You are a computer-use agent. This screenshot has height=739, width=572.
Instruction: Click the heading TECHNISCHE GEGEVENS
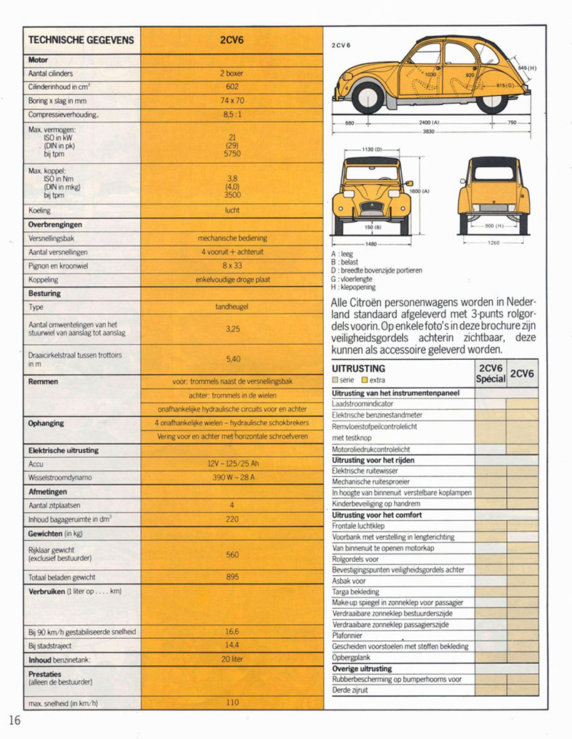click(x=81, y=40)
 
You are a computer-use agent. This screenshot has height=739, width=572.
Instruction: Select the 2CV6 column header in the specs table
click(x=232, y=40)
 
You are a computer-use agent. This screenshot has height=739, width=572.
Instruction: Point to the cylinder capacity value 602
click(x=232, y=87)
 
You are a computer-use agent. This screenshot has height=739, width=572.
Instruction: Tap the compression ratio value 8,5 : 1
click(x=232, y=114)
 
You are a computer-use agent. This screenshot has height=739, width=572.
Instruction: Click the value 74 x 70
click(x=232, y=100)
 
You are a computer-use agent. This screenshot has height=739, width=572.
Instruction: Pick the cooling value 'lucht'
click(x=232, y=210)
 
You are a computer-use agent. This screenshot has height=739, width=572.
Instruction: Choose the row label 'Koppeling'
click(x=44, y=280)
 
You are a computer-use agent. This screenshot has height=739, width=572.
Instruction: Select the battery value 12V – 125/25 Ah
click(x=232, y=464)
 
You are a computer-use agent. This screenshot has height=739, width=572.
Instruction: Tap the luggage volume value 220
click(x=232, y=519)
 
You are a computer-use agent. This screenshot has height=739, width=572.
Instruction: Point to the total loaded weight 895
click(x=232, y=577)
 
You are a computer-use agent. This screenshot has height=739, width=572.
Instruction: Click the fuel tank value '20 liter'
click(x=232, y=659)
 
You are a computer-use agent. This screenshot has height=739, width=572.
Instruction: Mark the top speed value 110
click(x=232, y=703)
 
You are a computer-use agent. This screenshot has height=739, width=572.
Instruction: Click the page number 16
click(x=16, y=719)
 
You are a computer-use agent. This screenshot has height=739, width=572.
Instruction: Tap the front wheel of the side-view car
click(x=369, y=97)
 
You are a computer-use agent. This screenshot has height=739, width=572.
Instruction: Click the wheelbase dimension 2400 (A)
click(x=430, y=122)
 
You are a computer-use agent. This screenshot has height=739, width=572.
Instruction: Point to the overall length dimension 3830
click(x=428, y=132)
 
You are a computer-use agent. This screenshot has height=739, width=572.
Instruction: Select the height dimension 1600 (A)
click(x=420, y=191)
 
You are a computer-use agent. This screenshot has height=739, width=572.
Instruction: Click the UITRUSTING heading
click(x=359, y=368)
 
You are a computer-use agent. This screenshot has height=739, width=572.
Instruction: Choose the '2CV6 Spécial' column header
click(x=490, y=373)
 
